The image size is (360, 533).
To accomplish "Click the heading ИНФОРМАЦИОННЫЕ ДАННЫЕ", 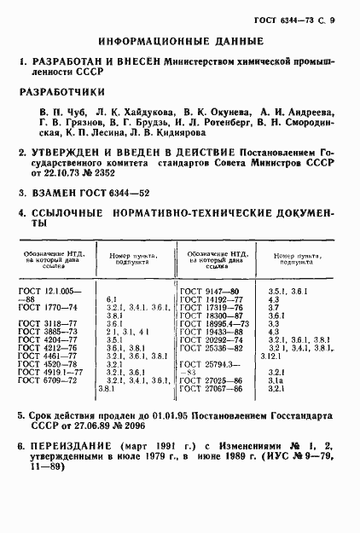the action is [x=180, y=41].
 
